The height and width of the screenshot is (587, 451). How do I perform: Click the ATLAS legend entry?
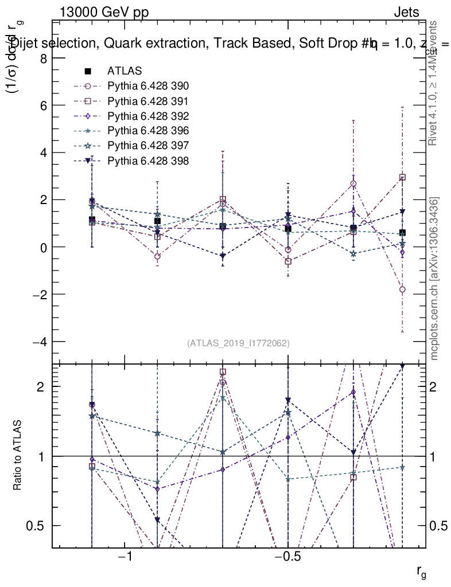click(120, 72)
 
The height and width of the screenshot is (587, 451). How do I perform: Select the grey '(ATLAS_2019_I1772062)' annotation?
click(238, 343)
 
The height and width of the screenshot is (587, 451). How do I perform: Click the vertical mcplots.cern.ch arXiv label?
click(434, 279)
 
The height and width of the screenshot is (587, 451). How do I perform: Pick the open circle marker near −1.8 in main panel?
click(403, 289)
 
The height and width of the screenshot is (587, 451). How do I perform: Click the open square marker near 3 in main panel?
click(403, 178)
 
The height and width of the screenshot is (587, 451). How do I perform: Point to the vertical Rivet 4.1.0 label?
click(434, 83)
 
